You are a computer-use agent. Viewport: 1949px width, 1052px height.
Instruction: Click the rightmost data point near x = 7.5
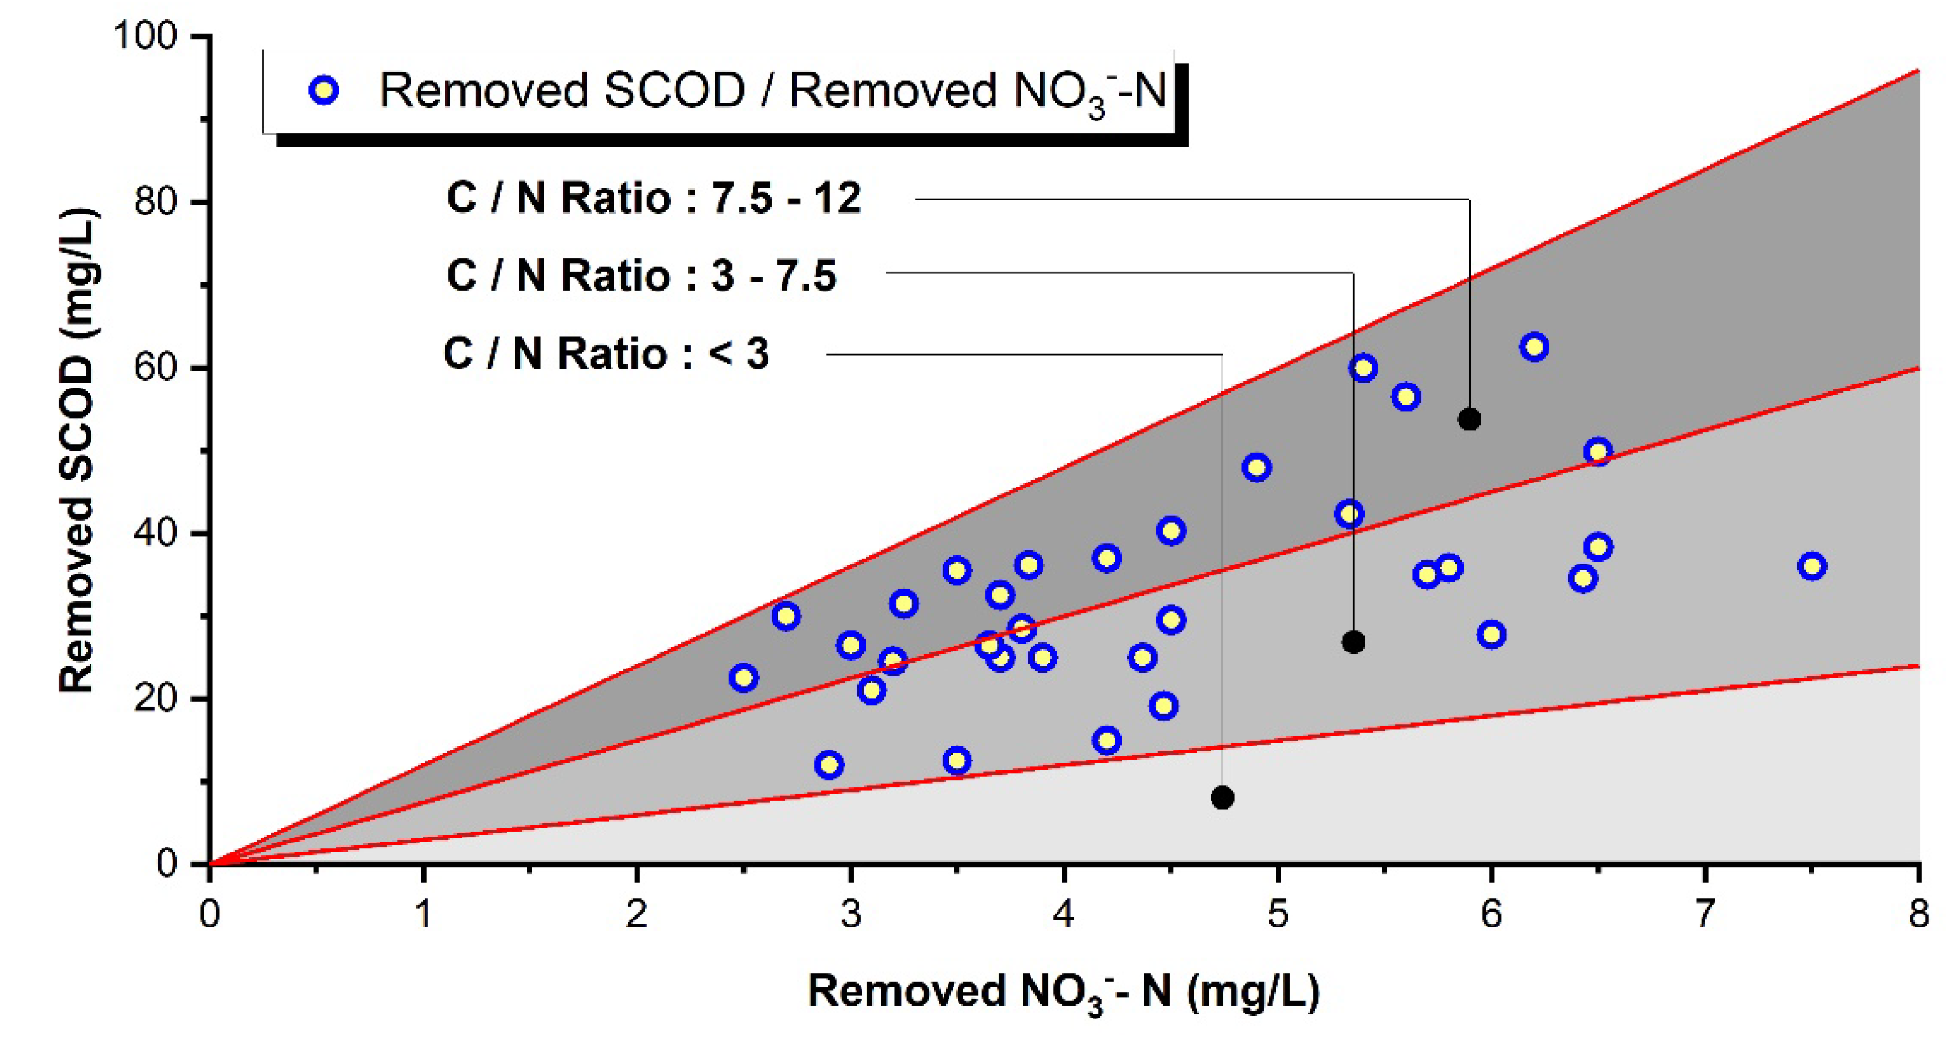pos(1812,565)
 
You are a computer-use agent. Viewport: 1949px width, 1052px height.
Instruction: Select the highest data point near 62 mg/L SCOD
pos(1534,347)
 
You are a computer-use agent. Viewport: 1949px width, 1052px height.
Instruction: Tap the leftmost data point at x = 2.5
pos(744,678)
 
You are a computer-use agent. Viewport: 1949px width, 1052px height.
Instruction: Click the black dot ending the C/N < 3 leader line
pos(1223,797)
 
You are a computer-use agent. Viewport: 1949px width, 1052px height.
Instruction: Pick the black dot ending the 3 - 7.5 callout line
pos(1353,642)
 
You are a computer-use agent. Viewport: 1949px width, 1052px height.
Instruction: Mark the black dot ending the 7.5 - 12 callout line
pos(1469,419)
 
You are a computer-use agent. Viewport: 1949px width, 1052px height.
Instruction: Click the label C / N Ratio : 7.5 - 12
pos(654,198)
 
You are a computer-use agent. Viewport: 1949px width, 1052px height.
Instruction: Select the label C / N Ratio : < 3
pos(606,354)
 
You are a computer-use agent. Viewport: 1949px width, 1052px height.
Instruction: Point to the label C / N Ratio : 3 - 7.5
pos(641,276)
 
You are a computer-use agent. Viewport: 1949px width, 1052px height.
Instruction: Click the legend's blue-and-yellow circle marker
pos(324,91)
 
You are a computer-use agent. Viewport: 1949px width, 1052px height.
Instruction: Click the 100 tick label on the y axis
pos(145,36)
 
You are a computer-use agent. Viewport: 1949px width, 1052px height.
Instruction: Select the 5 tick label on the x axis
pos(1278,914)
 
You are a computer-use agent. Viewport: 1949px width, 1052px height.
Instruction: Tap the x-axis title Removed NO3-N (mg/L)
pos(1063,991)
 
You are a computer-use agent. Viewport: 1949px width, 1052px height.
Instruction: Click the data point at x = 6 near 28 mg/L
pos(1491,634)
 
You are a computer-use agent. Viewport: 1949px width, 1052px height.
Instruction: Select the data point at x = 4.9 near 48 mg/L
pos(1256,467)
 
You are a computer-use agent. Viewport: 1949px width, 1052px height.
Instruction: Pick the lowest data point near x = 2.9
pos(829,765)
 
